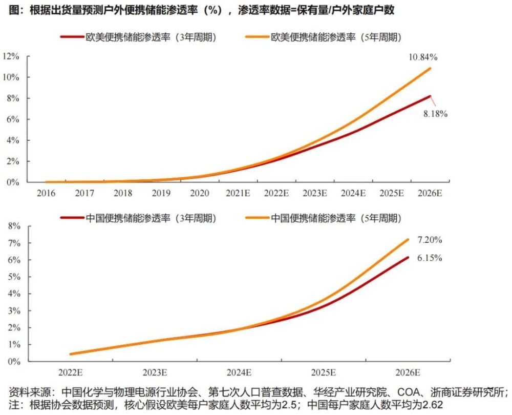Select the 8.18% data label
[435, 114]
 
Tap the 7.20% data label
[430, 240]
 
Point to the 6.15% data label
[430, 258]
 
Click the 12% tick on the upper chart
[11, 56]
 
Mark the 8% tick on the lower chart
[13, 226]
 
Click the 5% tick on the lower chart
[13, 277]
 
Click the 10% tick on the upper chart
[11, 77]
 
